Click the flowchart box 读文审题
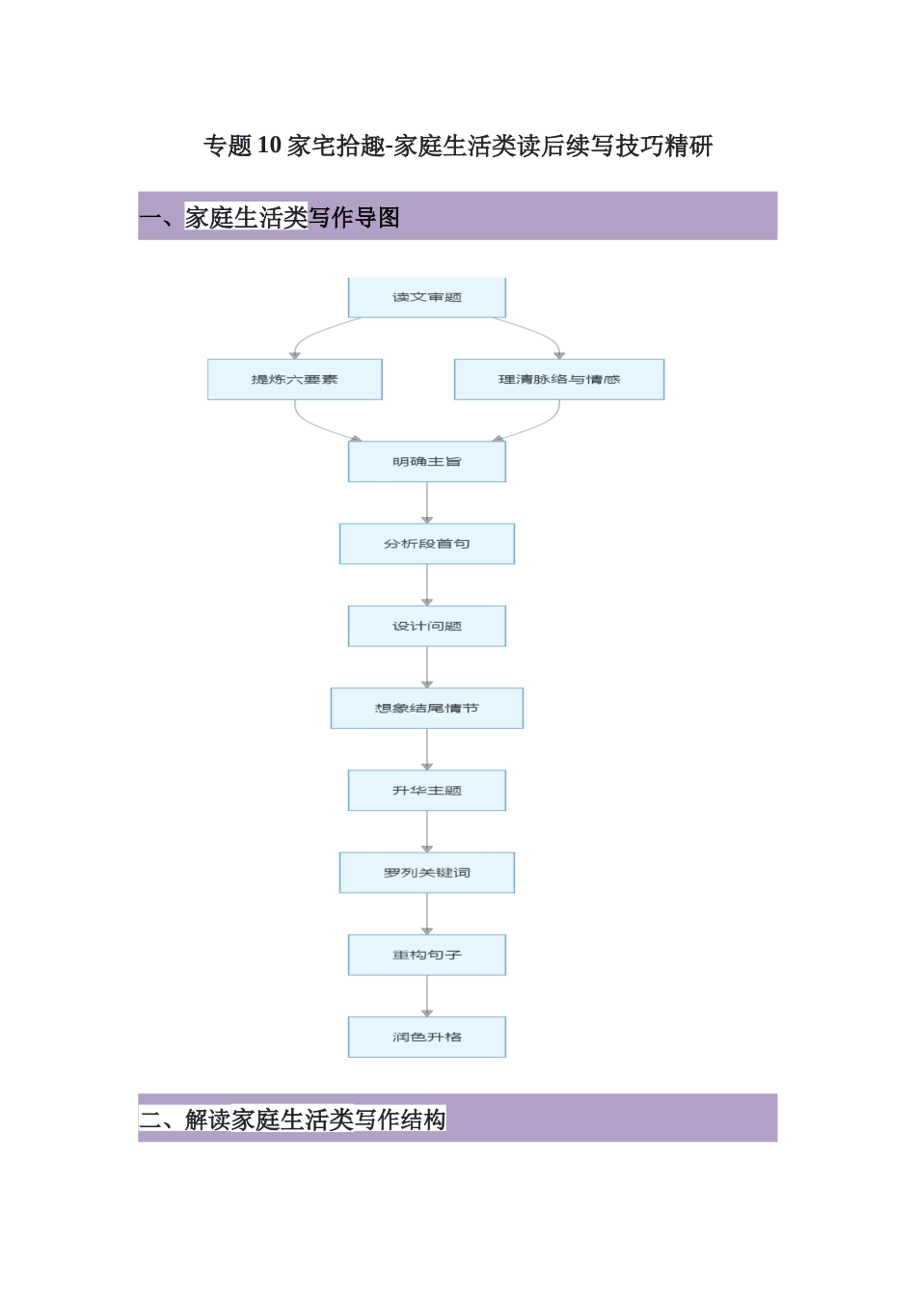click(426, 297)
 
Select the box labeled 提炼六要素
click(294, 379)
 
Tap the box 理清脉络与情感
click(558, 379)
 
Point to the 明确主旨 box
click(426, 462)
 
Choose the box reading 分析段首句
click(426, 544)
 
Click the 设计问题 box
click(426, 626)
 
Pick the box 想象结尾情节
click(426, 708)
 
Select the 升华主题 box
click(426, 791)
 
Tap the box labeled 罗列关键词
click(426, 873)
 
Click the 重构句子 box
click(426, 955)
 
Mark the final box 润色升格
click(426, 1037)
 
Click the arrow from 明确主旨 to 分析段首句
click(427, 502)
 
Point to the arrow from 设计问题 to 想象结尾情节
click(427, 666)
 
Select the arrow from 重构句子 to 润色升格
click(427, 995)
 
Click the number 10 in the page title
click(270, 146)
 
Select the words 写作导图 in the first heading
click(354, 218)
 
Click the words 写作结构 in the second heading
click(400, 1120)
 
